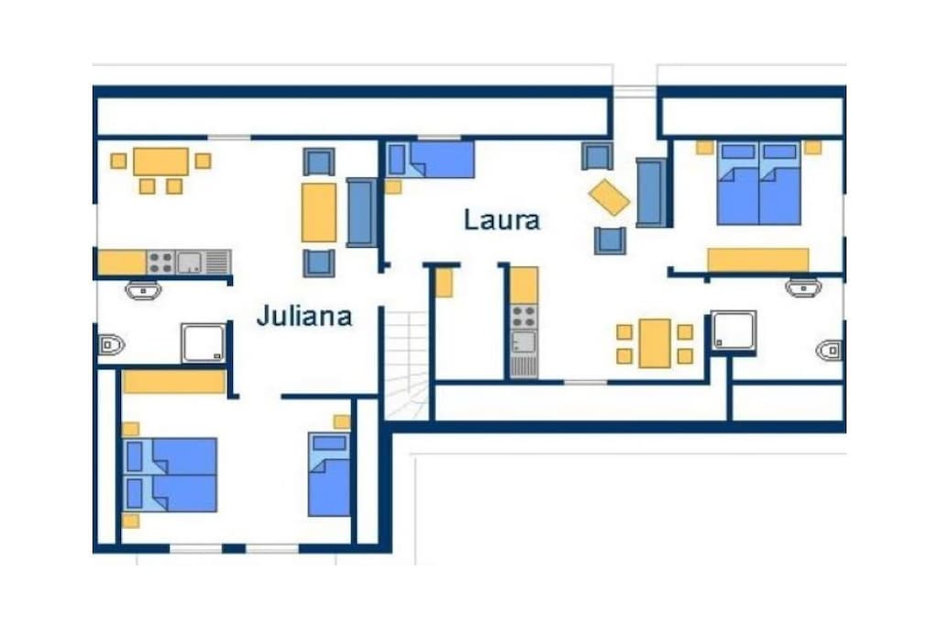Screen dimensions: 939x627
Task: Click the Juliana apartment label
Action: tap(304, 316)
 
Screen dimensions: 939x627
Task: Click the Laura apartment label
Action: tap(502, 220)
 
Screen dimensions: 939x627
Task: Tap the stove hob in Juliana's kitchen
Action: tap(160, 263)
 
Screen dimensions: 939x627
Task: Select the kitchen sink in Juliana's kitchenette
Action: tap(190, 263)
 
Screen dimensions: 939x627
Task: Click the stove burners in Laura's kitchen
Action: tap(524, 317)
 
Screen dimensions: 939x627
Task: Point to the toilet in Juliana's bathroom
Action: tap(111, 345)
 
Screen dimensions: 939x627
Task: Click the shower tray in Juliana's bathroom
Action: tap(204, 342)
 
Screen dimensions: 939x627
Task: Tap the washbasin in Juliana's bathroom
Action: tap(143, 290)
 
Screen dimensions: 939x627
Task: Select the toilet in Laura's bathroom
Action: tap(829, 350)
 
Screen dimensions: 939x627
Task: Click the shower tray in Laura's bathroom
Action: tap(734, 330)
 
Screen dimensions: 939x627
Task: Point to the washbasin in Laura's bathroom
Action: tap(803, 287)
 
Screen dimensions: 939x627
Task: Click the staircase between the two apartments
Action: tap(406, 365)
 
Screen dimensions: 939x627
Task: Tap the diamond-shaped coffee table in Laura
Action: tap(609, 197)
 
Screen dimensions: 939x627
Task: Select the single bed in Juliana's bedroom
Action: tap(329, 474)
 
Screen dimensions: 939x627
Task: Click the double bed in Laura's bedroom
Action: tap(758, 183)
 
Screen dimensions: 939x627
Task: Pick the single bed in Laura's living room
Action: tap(431, 160)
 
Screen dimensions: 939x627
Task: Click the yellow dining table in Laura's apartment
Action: tap(655, 343)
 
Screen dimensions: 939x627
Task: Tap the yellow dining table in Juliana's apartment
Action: tap(161, 162)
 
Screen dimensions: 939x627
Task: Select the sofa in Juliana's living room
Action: tap(360, 212)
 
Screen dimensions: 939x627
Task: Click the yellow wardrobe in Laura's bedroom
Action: tap(758, 260)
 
